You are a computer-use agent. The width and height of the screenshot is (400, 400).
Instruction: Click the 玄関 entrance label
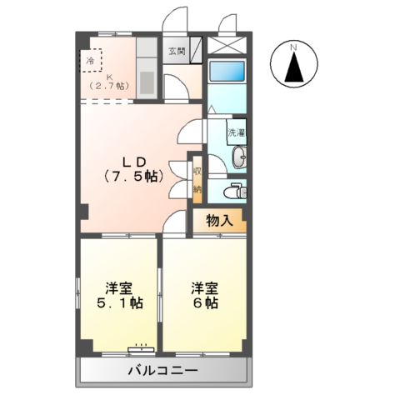click(x=176, y=52)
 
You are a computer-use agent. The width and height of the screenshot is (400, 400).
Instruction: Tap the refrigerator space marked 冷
click(x=91, y=60)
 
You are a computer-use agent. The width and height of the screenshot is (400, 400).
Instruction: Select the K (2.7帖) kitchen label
click(x=108, y=82)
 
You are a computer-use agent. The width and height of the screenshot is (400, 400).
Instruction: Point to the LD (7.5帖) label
click(x=133, y=169)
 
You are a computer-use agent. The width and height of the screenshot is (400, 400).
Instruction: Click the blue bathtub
click(x=227, y=71)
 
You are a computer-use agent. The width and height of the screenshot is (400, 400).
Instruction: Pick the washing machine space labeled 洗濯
click(x=237, y=132)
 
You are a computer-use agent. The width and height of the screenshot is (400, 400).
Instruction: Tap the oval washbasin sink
click(x=239, y=157)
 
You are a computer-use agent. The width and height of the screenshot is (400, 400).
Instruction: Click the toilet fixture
click(x=235, y=191)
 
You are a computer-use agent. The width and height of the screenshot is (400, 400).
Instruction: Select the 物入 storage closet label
click(x=219, y=221)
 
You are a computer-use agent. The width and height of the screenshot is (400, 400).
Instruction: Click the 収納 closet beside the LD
click(x=197, y=180)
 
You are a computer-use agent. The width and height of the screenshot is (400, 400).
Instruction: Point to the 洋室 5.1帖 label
click(x=120, y=296)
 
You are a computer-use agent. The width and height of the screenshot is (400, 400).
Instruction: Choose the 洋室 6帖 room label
click(x=205, y=296)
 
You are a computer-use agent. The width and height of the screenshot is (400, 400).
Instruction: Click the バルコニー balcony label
click(x=163, y=370)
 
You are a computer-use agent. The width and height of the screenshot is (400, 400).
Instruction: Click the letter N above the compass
click(x=293, y=47)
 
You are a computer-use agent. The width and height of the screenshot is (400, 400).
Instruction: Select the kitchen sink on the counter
click(x=147, y=82)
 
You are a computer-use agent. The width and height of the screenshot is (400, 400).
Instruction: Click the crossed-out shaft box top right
click(x=227, y=45)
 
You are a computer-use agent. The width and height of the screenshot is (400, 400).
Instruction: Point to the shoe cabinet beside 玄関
click(x=196, y=50)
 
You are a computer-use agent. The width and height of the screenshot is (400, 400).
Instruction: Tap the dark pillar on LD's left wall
click(x=84, y=212)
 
